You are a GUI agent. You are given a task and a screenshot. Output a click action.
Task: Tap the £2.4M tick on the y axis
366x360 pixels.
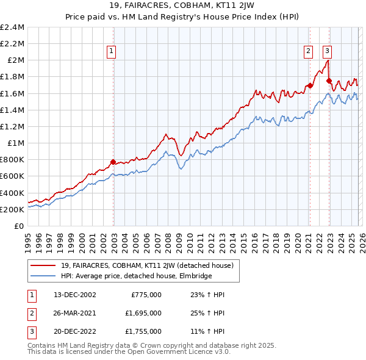tap(12, 27)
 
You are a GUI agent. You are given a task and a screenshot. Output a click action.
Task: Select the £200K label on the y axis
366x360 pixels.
tap(12, 209)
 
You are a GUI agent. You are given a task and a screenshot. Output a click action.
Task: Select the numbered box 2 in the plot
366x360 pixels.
tap(309, 52)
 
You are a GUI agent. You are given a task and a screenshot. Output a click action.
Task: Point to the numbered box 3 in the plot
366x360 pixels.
tap(328, 52)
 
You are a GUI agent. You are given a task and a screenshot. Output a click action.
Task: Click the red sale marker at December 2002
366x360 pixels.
tap(113, 162)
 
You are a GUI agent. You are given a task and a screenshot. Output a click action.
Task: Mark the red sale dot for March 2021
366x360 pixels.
tap(309, 85)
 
